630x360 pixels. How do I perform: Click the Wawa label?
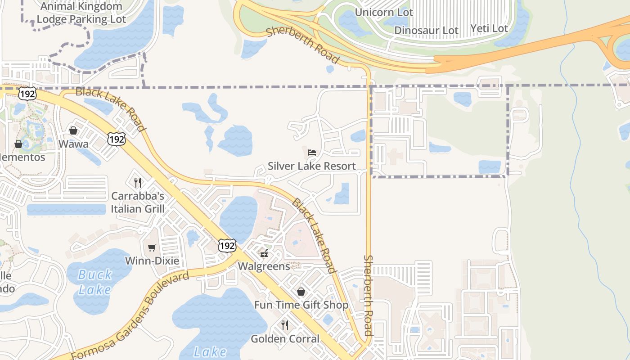[x=73, y=144]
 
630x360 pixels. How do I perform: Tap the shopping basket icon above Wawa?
[x=73, y=131]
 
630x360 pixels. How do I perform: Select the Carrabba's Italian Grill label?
[x=138, y=202]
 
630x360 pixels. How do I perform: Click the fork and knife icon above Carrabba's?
[x=138, y=182]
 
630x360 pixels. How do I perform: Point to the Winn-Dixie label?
[x=152, y=261]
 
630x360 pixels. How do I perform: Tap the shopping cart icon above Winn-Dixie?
[x=152, y=248]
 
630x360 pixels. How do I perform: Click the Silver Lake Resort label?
[x=312, y=166]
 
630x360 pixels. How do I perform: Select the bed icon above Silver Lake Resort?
[x=312, y=153]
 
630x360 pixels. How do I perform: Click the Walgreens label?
[x=264, y=266]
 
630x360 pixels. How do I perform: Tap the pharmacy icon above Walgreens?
[x=264, y=253]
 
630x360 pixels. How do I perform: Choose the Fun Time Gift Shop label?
[x=301, y=305]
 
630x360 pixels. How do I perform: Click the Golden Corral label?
[x=285, y=338]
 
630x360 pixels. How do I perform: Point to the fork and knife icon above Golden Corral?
[x=285, y=325]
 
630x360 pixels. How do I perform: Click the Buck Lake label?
[x=94, y=282]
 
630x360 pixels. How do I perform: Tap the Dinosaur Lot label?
[x=426, y=30]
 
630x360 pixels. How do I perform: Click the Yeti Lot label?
[x=489, y=28]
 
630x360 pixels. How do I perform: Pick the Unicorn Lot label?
[x=384, y=12]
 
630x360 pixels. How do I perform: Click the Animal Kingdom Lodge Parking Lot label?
[x=81, y=13]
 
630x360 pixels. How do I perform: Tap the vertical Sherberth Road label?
[x=369, y=296]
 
